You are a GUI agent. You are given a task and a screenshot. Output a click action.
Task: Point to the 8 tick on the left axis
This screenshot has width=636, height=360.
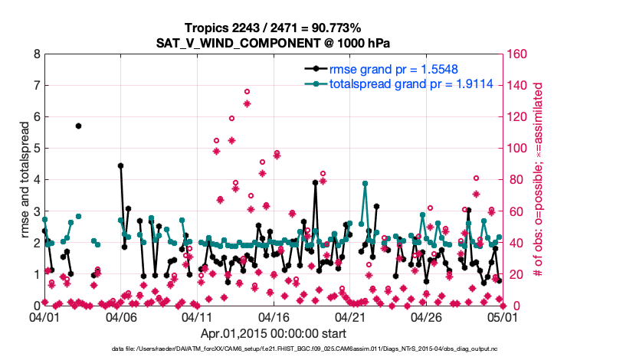36,54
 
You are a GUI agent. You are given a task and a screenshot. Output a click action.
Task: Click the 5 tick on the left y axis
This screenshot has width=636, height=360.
36,149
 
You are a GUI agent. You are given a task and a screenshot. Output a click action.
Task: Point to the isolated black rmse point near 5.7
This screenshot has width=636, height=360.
78,126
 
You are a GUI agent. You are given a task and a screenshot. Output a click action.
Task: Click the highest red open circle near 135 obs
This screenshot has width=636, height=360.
247,92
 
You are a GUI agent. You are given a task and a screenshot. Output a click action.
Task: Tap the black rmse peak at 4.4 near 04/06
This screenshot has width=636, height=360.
120,165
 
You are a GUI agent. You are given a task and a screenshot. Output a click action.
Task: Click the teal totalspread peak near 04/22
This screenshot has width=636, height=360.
365,184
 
